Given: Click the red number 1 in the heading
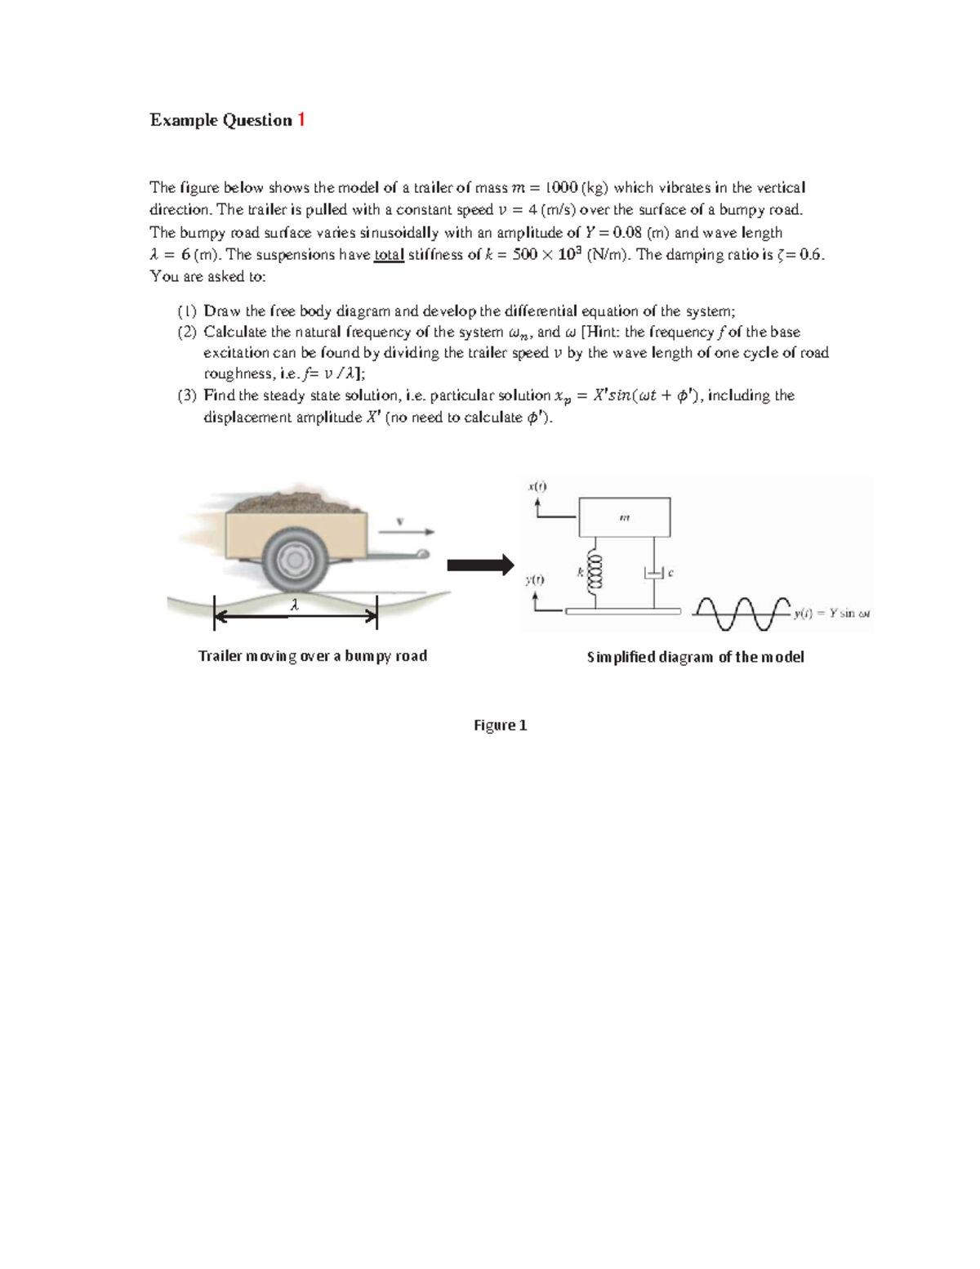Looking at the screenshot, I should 301,120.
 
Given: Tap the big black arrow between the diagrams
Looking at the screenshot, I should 480,565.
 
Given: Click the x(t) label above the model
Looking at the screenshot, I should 537,486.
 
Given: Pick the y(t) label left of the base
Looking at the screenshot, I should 534,579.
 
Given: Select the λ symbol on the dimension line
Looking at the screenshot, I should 295,605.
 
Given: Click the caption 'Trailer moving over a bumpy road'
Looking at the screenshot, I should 313,656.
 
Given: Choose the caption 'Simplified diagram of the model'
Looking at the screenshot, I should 695,657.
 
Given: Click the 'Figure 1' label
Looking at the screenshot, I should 500,726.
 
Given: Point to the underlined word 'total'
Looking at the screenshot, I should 389,255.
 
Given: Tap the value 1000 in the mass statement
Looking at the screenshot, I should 561,188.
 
